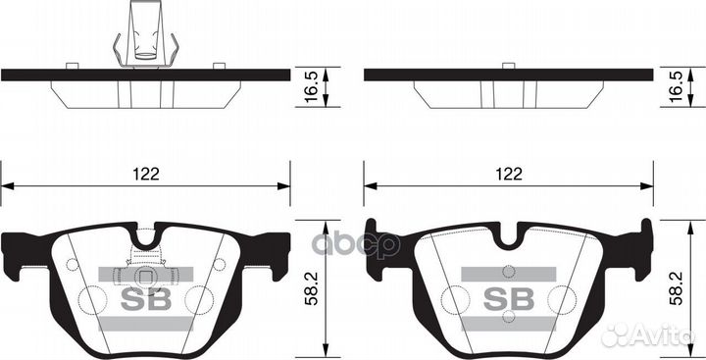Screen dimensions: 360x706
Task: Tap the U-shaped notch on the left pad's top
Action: click(146, 236)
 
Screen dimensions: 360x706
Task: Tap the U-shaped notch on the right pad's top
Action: click(509, 236)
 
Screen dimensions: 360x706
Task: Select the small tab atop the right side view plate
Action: click(508, 66)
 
